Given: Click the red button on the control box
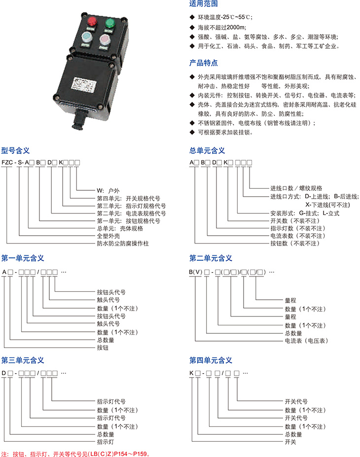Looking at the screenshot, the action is [x=92, y=21].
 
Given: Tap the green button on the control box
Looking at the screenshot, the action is [x=110, y=23].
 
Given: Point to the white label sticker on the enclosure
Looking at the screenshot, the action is [x=84, y=85].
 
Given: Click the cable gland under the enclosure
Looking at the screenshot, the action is [x=79, y=120].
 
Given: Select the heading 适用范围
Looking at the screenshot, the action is [x=204, y=4].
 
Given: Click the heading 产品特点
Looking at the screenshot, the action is [x=204, y=63].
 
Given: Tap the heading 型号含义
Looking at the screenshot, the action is [x=15, y=150].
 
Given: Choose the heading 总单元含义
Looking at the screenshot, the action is [x=207, y=150].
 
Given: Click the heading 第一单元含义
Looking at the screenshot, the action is [x=23, y=258].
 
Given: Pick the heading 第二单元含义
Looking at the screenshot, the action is [x=211, y=258].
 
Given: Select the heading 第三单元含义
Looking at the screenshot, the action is [x=23, y=360].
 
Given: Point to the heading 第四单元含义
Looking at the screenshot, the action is [x=211, y=360].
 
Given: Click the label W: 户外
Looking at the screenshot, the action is [x=108, y=191].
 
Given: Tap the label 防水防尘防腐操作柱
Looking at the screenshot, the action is [x=123, y=244].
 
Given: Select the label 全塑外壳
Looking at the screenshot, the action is [x=108, y=236].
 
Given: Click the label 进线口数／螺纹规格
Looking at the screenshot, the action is [x=296, y=188].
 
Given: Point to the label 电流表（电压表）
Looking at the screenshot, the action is [x=306, y=341].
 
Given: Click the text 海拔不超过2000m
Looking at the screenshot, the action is [x=222, y=28].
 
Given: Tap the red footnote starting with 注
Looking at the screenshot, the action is [x=76, y=454].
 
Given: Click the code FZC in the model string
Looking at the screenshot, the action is [x=7, y=162].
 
